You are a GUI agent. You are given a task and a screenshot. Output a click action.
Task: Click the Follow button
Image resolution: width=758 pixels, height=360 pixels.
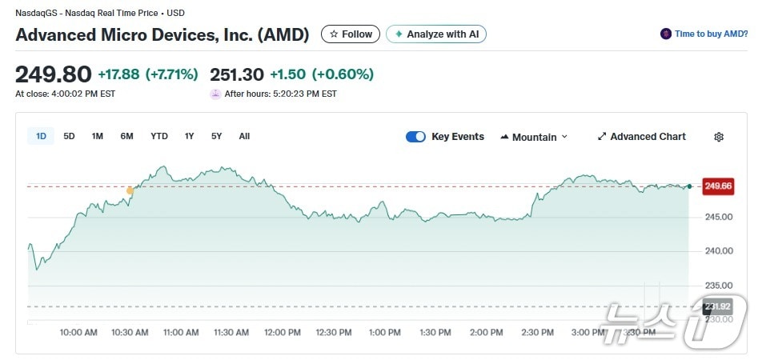pyautogui.click(x=351, y=34)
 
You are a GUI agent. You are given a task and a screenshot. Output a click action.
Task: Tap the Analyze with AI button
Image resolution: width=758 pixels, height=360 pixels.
pyautogui.click(x=436, y=34)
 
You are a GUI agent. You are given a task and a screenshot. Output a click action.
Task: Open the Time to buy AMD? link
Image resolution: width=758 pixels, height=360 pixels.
pyautogui.click(x=704, y=34)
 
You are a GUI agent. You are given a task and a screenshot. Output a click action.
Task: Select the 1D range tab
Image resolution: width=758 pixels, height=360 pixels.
pyautogui.click(x=41, y=136)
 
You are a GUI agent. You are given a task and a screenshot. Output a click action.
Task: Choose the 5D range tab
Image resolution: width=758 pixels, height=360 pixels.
pyautogui.click(x=69, y=136)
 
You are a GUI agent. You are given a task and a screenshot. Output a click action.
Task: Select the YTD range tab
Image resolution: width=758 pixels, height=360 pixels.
pyautogui.click(x=159, y=136)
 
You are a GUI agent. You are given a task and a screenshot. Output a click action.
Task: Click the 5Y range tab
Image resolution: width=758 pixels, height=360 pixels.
pyautogui.click(x=216, y=136)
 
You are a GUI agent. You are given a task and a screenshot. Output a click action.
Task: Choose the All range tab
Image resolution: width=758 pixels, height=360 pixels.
pyautogui.click(x=244, y=136)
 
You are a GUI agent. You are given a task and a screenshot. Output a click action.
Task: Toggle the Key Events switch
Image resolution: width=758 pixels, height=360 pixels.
pyautogui.click(x=415, y=137)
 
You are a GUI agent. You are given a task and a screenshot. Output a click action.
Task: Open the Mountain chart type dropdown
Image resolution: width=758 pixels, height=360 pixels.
pyautogui.click(x=534, y=137)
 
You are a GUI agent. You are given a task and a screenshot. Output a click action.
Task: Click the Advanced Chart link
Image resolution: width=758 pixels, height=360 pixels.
pyautogui.click(x=642, y=137)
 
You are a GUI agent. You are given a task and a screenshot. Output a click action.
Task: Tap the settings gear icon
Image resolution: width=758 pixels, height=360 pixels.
pyautogui.click(x=719, y=137)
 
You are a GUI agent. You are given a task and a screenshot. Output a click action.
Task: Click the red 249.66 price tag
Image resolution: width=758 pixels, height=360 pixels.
pyautogui.click(x=717, y=186)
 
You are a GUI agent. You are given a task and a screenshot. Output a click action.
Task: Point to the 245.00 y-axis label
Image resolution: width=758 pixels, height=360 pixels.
pyautogui.click(x=718, y=217)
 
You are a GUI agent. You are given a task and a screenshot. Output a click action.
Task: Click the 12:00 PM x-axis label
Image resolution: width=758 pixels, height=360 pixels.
pyautogui.click(x=283, y=332)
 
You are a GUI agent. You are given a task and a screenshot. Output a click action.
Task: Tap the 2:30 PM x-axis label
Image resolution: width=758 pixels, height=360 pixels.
pyautogui.click(x=537, y=332)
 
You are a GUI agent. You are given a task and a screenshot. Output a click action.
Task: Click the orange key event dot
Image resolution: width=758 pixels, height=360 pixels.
pyautogui.click(x=130, y=190)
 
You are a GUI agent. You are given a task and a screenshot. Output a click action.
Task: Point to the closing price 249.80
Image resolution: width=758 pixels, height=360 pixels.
pyautogui.click(x=54, y=74)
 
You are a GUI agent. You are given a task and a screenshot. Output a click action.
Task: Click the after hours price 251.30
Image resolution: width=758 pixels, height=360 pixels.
pyautogui.click(x=237, y=74)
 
